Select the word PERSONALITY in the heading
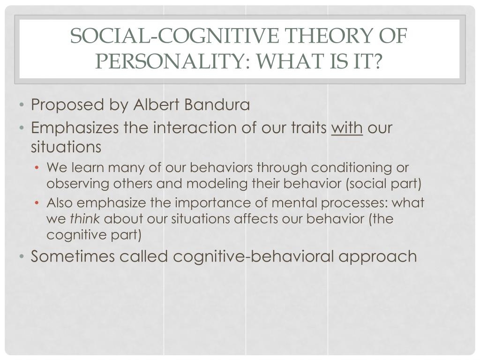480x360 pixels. [169, 61]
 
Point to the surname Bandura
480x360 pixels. [217, 105]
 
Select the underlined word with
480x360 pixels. [347, 127]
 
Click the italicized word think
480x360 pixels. [85, 218]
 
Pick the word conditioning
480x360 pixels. [352, 168]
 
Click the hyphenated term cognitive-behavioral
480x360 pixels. [253, 256]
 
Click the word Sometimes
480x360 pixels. [73, 256]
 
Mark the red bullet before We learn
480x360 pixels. [37, 168]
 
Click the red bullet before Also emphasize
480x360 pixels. [37, 203]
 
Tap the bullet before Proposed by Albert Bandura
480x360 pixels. [21, 105]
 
